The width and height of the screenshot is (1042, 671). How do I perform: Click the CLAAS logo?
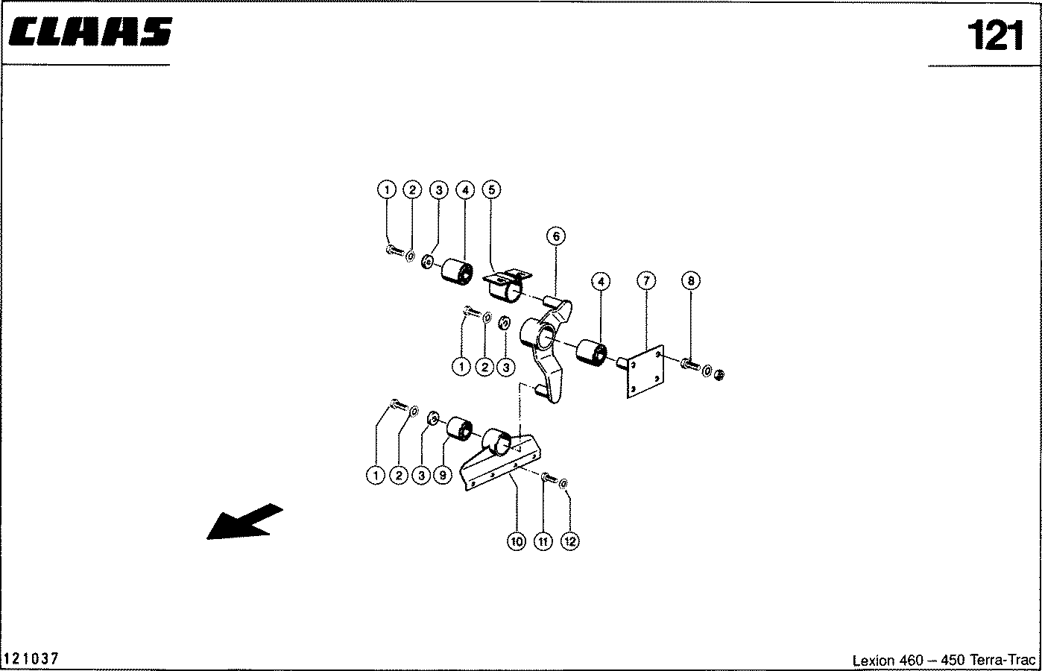[x=90, y=31]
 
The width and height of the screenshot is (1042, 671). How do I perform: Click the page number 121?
[x=995, y=35]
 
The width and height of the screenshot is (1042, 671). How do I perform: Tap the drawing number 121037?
[x=31, y=658]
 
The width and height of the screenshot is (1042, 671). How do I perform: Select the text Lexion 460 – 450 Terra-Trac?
[x=944, y=660]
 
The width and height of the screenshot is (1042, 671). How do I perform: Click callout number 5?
[x=492, y=189]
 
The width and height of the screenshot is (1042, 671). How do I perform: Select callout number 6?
[x=556, y=236]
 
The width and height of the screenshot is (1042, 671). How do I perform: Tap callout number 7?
[x=646, y=280]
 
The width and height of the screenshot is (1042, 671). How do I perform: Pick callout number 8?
[x=691, y=280]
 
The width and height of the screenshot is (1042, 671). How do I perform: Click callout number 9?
[x=443, y=475]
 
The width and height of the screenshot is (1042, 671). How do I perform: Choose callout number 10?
[x=517, y=541]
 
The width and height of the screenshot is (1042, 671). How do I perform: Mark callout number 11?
[x=543, y=541]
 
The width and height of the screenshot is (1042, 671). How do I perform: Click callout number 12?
[x=570, y=541]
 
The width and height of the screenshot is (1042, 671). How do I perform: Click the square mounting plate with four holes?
[x=645, y=371]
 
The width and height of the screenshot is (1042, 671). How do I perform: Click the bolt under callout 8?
[x=690, y=365]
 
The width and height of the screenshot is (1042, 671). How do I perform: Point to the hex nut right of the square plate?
[x=719, y=374]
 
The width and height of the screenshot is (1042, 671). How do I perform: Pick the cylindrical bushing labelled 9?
[x=460, y=428]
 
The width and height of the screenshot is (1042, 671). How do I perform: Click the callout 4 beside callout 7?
[x=601, y=282]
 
